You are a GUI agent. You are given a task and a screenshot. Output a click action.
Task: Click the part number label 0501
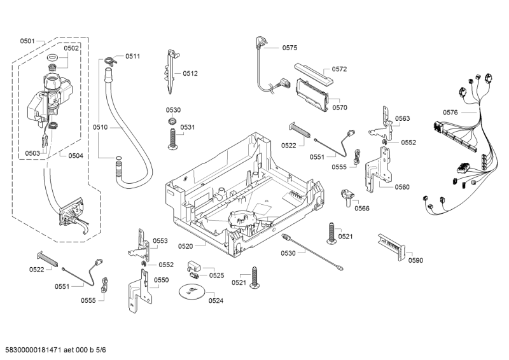pyautogui.click(x=27, y=41)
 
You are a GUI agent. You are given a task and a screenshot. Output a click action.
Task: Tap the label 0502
pyautogui.click(x=71, y=48)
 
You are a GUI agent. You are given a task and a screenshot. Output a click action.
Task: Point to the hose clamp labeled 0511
pyautogui.click(x=111, y=60)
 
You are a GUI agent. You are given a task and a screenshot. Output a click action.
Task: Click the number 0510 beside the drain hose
pyautogui.click(x=100, y=127)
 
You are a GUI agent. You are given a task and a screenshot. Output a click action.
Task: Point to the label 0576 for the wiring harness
pyautogui.click(x=450, y=113)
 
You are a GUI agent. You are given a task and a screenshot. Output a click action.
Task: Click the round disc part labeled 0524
pyautogui.click(x=190, y=292)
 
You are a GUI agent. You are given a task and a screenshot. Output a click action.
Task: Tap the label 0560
pyautogui.click(x=401, y=187)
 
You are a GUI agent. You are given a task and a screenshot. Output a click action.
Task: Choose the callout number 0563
pyautogui.click(x=402, y=119)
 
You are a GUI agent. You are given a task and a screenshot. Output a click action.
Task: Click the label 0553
pyautogui.click(x=160, y=241)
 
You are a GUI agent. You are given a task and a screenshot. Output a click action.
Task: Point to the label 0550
pyautogui.click(x=162, y=280)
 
